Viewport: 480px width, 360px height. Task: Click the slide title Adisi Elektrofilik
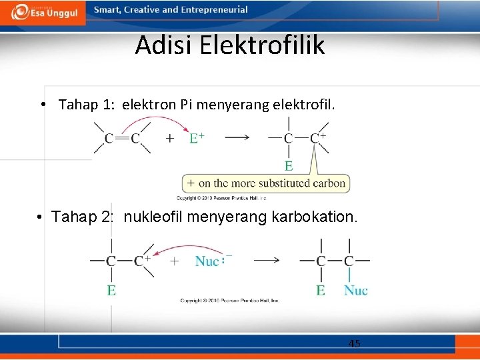229,45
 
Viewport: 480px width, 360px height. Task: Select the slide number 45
354,344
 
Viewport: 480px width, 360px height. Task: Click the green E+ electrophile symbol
197,138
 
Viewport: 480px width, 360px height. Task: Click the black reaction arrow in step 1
237,138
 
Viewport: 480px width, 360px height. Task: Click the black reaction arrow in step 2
266,260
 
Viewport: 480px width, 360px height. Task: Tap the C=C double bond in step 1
123,138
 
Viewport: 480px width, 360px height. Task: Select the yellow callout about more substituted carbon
266,183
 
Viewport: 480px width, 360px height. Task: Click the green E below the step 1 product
289,165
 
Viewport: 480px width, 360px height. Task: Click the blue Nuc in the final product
355,290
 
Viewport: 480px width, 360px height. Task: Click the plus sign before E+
171,138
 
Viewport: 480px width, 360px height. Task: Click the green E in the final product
321,290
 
